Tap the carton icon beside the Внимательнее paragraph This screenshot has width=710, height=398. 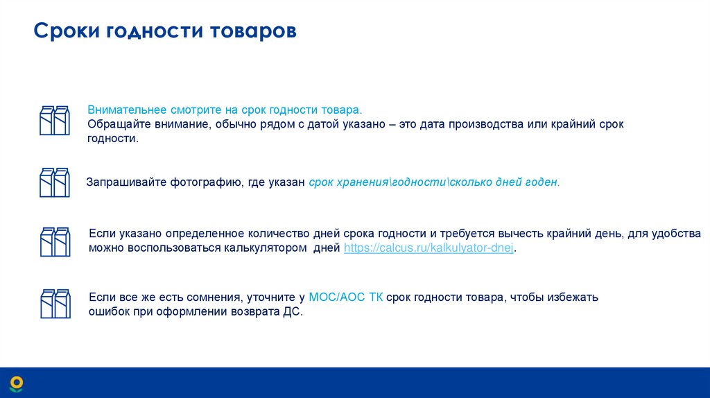54,120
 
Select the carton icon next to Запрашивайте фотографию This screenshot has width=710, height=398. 54,182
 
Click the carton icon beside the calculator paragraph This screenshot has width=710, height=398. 54,242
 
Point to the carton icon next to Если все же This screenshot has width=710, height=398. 54,304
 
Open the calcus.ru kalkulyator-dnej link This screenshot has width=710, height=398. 428,248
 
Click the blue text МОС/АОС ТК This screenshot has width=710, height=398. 345,297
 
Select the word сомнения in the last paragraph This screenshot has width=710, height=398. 210,297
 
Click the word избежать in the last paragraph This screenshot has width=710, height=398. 572,297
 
